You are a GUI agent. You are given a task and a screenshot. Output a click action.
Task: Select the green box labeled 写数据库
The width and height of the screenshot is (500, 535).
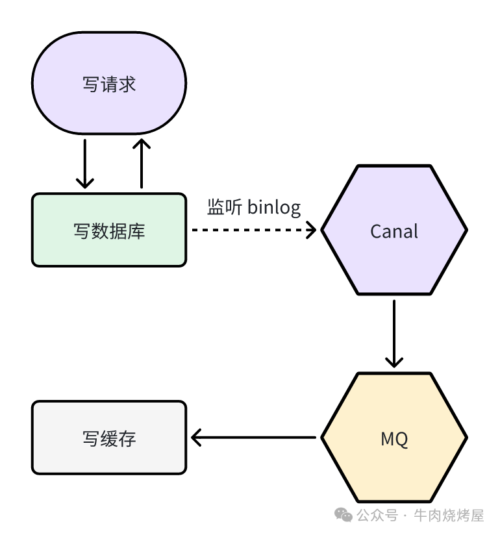(x=109, y=230)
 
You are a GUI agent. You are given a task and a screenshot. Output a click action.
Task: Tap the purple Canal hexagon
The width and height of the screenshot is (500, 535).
(x=394, y=230)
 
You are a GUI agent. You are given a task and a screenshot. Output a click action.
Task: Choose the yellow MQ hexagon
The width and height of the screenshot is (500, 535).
(x=394, y=438)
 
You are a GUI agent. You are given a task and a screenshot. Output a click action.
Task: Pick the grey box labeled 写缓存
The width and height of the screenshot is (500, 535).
(x=109, y=438)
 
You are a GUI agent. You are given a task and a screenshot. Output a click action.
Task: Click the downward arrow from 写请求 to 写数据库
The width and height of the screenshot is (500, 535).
(x=84, y=162)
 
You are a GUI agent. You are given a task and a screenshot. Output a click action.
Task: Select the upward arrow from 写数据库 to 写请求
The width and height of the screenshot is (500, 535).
(x=140, y=162)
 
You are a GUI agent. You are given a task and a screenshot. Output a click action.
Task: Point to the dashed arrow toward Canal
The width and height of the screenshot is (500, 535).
(x=253, y=229)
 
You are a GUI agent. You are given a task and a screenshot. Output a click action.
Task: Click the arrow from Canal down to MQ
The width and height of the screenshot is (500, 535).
(x=394, y=334)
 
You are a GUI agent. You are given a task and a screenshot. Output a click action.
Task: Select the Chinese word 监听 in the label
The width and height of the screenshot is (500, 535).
(x=225, y=208)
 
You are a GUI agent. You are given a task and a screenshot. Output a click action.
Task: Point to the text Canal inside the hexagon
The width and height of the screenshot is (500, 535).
(x=394, y=230)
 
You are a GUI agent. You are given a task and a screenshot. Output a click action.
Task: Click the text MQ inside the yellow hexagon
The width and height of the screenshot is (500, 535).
(x=394, y=439)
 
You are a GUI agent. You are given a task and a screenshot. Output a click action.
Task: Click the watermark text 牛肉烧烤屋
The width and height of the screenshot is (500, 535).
(x=449, y=516)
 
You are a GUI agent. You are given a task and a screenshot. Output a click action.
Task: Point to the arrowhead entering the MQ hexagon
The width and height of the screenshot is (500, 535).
(x=394, y=361)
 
